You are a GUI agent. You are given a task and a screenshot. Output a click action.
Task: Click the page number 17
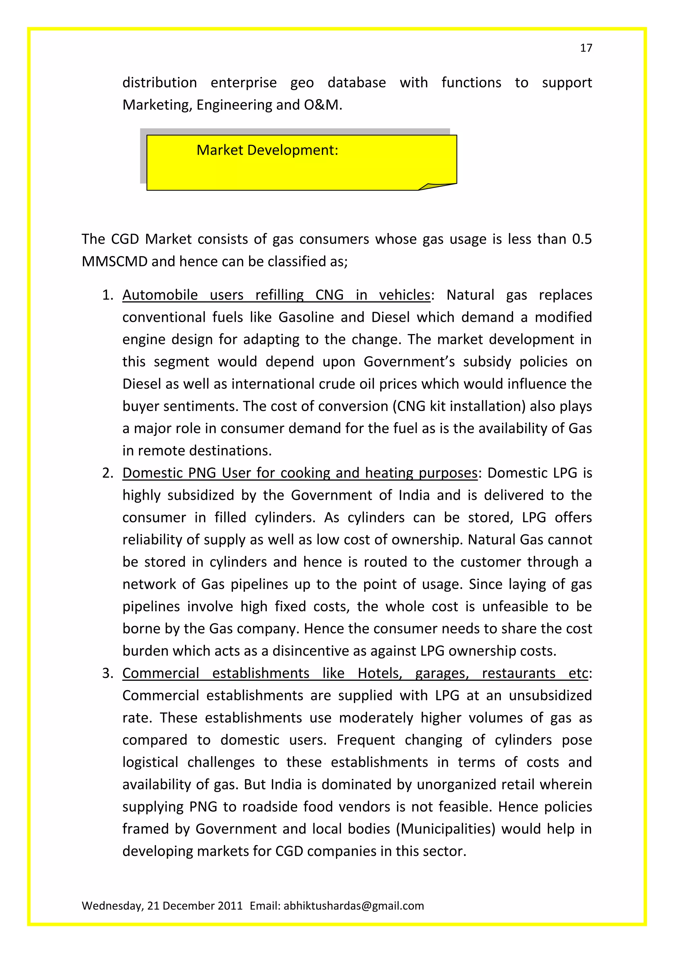585,48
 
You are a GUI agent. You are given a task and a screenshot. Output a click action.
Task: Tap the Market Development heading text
267,150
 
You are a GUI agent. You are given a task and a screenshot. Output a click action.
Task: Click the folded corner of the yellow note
436,186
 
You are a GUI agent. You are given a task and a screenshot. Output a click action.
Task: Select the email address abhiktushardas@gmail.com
353,905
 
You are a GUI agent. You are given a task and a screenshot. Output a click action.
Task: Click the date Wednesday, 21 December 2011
162,905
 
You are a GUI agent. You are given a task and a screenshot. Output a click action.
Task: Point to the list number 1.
107,295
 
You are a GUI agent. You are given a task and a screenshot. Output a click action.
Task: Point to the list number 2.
107,473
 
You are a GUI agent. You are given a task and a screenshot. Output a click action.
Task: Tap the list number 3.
107,673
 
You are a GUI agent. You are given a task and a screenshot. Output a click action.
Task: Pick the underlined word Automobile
160,295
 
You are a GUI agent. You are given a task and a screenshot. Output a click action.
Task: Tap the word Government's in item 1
409,362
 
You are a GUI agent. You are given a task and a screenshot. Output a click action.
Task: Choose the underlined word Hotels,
380,673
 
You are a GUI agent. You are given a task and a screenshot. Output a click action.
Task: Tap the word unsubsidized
550,696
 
